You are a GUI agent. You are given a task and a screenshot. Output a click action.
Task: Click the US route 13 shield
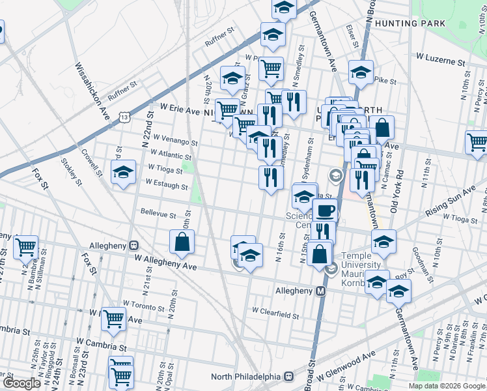pos(124,116)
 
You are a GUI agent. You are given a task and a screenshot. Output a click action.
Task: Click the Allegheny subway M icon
pos(320,291)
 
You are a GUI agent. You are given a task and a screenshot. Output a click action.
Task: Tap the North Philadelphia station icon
pos(288,377)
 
